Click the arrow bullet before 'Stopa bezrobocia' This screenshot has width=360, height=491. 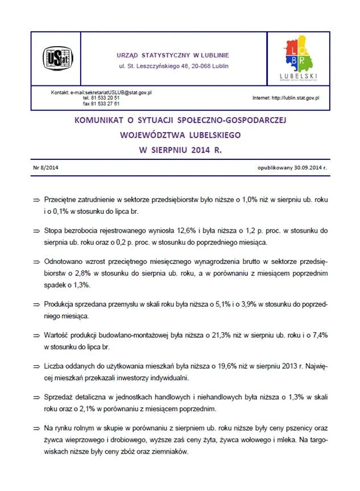36,232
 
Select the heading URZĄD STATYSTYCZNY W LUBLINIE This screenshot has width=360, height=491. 173,55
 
